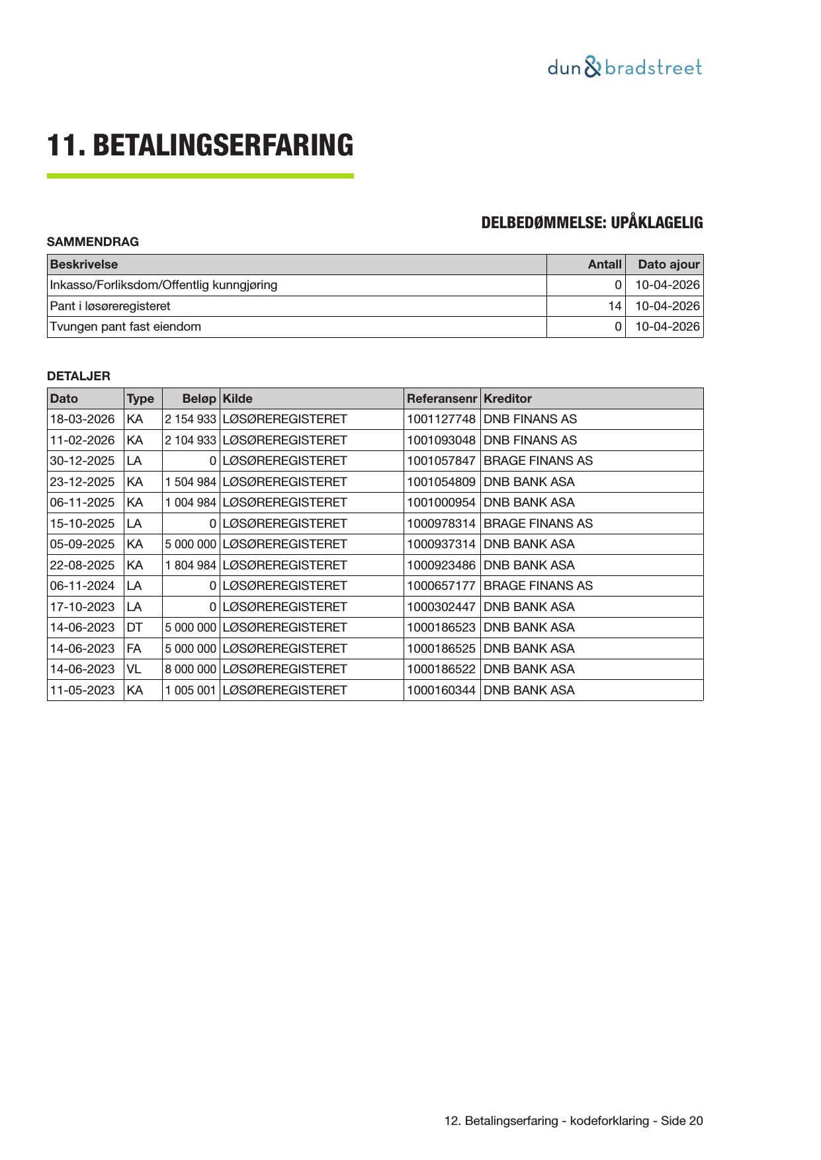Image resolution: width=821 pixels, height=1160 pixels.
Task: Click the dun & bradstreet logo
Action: (625, 67)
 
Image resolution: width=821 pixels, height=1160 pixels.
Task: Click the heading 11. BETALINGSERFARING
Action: (200, 145)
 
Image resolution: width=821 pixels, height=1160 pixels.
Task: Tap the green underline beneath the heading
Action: (200, 176)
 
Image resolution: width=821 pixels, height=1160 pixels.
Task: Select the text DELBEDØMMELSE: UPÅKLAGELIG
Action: (591, 223)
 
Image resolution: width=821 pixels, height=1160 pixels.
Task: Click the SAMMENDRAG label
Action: (93, 242)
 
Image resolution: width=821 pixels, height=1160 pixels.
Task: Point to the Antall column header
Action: (605, 265)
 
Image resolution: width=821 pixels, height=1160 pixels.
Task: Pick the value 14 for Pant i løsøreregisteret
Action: (615, 306)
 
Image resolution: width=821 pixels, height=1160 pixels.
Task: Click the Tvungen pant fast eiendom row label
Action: (126, 327)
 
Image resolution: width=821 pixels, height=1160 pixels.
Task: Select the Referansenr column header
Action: (441, 399)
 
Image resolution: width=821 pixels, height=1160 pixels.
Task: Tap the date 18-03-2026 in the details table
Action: (82, 419)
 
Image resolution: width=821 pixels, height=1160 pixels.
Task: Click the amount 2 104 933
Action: (191, 440)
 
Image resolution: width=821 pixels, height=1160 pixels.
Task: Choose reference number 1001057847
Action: (441, 461)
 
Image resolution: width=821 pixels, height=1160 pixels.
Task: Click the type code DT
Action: (134, 628)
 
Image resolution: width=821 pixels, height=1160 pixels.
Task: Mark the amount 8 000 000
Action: (191, 669)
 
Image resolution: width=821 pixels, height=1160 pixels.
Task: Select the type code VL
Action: (134, 669)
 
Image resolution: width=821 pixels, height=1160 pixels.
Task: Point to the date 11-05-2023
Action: (82, 690)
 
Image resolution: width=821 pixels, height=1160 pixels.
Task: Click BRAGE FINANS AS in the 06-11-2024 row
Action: (538, 586)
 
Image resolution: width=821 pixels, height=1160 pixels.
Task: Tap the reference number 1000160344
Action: (441, 690)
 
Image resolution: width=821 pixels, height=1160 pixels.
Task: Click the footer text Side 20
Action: (681, 1121)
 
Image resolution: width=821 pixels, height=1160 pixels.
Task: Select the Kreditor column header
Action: (507, 399)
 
